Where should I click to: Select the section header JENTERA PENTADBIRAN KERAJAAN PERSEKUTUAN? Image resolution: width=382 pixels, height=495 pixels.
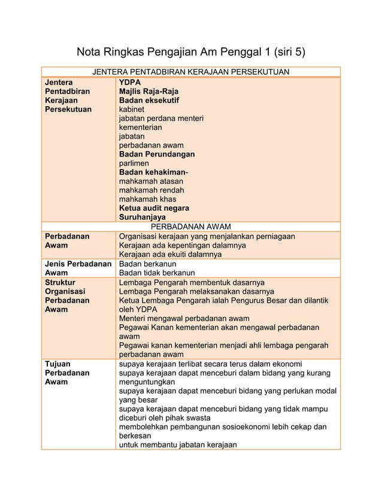(x=190, y=73)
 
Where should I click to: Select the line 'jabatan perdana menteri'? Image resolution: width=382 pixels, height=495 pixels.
(x=161, y=119)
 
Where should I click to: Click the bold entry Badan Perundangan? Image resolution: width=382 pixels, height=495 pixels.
(x=156, y=154)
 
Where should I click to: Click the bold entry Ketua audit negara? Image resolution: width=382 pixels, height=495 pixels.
(x=154, y=208)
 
